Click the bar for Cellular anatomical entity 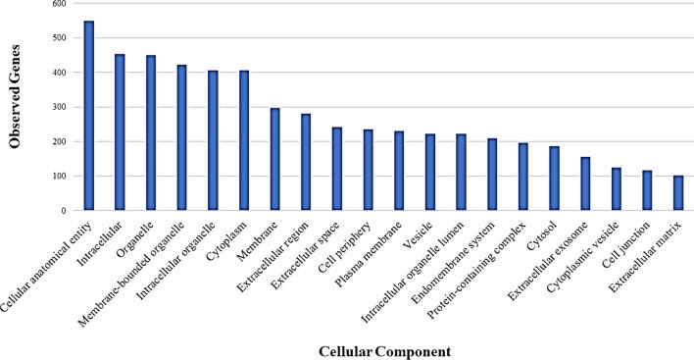click(x=89, y=116)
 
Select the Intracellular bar click(x=120, y=132)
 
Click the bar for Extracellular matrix click(x=678, y=193)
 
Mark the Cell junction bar click(x=647, y=190)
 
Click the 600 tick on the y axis click(x=59, y=4)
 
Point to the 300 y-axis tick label click(x=59, y=107)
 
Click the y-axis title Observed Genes click(x=16, y=107)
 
